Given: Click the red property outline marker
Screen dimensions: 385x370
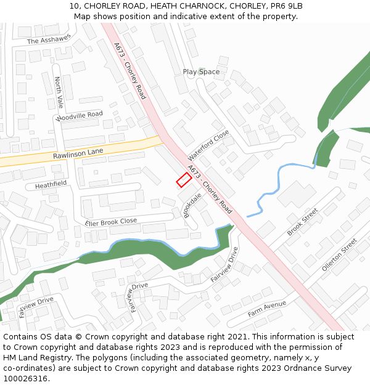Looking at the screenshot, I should point(183,180).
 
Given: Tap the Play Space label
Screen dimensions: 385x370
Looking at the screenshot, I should point(201,72).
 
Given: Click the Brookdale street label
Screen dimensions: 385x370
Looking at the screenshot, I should point(193,206).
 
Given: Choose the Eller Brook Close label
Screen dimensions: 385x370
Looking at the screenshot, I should point(111,222).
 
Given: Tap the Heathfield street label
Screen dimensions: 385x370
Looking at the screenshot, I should point(51,184).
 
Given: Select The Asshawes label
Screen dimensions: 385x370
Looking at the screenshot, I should point(49,41).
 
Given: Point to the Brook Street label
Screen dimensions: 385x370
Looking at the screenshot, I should point(302,222).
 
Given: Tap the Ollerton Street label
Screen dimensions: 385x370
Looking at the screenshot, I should point(339,255).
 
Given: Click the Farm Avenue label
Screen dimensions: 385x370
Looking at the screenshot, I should point(267,307).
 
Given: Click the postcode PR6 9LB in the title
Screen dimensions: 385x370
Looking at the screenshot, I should point(286,6).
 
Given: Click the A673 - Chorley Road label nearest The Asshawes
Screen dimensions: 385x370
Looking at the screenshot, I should point(129,70).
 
